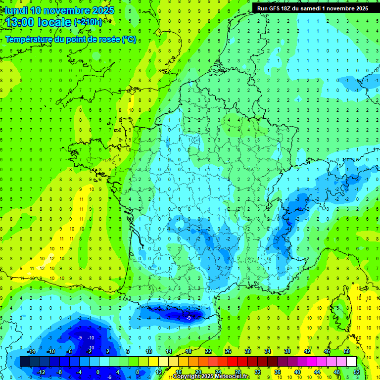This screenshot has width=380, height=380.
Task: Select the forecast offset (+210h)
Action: [x=88, y=22]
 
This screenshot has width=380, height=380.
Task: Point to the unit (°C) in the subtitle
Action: [x=129, y=40]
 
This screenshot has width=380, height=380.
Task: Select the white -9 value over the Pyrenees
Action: [x=189, y=318]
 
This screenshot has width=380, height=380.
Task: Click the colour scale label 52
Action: [x=356, y=372]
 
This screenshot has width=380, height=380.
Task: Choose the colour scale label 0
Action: [x=97, y=372]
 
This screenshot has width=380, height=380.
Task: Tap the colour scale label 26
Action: [x=228, y=351]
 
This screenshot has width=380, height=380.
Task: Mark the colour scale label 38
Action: [x=287, y=351]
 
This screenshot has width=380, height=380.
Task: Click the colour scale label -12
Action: [x=42, y=372]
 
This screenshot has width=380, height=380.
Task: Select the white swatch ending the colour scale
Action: [x=351, y=362]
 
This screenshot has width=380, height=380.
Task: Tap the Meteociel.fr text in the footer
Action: [x=232, y=377]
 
